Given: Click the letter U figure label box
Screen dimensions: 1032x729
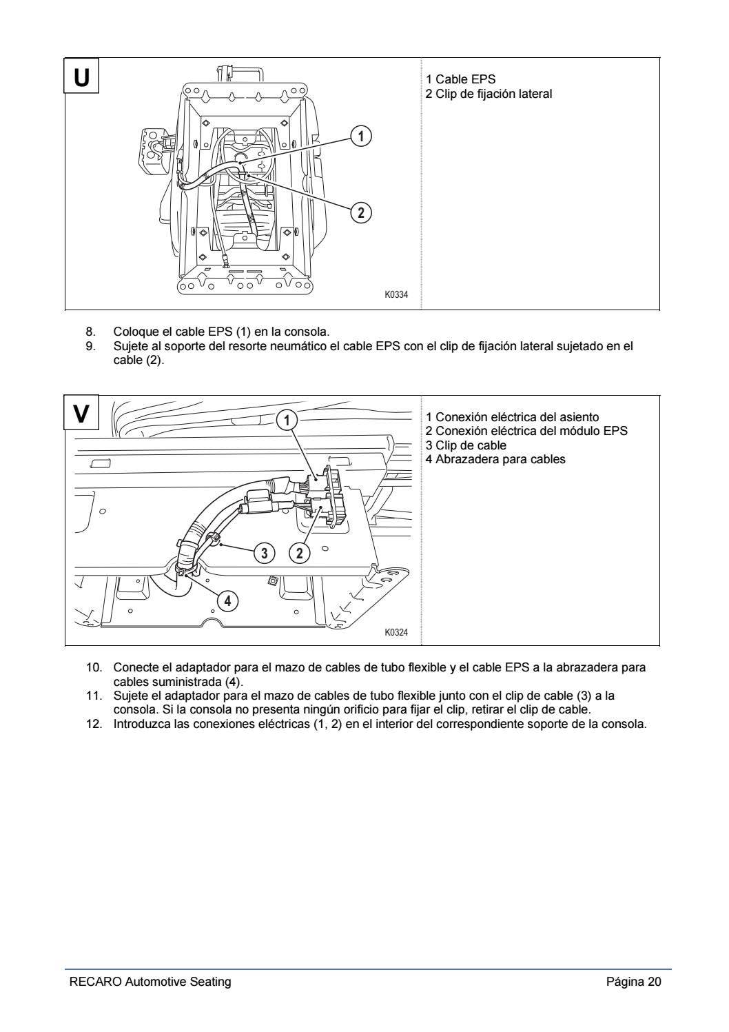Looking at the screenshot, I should pos(81,75).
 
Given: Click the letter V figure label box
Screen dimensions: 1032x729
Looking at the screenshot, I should pos(81,413).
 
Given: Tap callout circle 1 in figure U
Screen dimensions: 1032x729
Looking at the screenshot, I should pos(360,136).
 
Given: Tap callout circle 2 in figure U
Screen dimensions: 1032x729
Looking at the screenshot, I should pos(360,212).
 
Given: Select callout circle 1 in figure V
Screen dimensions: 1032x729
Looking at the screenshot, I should pos(287,419).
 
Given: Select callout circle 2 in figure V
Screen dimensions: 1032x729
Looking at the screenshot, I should pos(299,552).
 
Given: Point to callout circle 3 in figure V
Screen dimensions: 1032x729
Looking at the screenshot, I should pos(265,552).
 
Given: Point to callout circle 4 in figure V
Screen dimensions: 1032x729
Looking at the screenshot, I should pos(228,601).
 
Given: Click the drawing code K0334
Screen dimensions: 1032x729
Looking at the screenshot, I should pos(396,295).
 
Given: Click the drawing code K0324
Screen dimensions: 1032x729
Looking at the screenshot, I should pos(396,632).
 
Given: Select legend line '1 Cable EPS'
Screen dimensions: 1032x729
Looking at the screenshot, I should pos(460,79).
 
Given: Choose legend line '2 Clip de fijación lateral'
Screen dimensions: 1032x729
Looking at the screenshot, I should pos(489,94).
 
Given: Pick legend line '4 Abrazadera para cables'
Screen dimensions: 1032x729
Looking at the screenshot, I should pos(495,459).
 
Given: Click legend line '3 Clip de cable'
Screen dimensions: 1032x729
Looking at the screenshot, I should pos(466,445).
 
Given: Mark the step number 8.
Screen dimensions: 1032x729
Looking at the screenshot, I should pos(90,332).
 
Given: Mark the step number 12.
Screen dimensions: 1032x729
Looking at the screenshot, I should pos(94,724).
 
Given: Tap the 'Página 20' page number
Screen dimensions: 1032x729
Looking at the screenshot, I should pos(633,982).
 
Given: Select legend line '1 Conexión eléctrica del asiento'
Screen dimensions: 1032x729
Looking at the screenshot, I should pos(512,417).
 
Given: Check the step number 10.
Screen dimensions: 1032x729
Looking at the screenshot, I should pos(94,667).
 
